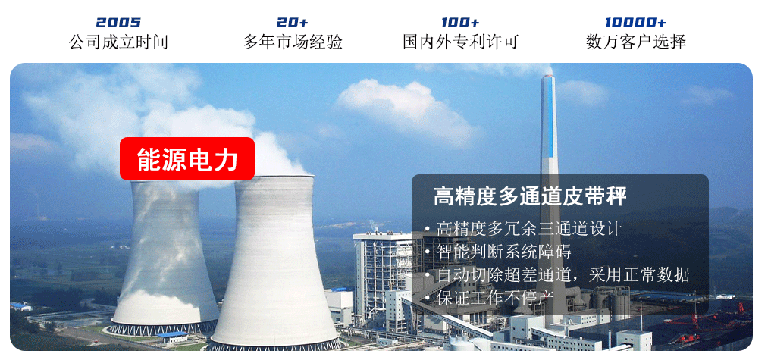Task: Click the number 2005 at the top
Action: [118, 22]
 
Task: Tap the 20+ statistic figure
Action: [292, 22]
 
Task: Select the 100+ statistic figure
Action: [460, 22]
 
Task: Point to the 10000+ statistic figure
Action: [635, 22]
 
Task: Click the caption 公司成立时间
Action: [118, 42]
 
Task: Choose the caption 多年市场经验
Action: [292, 42]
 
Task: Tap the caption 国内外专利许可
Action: [461, 42]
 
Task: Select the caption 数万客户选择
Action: [635, 42]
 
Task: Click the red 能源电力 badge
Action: [187, 159]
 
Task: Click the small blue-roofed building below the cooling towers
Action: [171, 337]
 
